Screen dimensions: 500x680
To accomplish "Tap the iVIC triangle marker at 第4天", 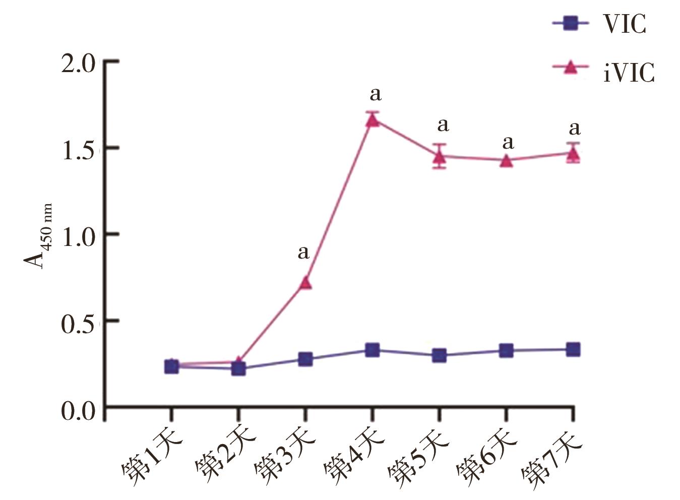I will (x=373, y=119).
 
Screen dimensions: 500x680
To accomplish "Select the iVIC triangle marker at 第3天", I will (x=305, y=282).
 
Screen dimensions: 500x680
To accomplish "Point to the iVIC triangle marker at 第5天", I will (x=440, y=156).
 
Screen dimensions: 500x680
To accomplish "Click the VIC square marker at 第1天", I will (x=171, y=366).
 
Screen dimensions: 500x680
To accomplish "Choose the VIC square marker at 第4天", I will (x=373, y=350).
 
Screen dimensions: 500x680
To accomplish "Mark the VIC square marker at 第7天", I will (x=573, y=349).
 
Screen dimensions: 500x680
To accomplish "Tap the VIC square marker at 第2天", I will (x=238, y=369).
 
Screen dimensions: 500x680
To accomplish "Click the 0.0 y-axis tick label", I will (x=79, y=411).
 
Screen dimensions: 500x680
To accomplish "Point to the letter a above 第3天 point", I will (x=303, y=252).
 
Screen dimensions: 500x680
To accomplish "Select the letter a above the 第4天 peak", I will (x=375, y=94).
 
